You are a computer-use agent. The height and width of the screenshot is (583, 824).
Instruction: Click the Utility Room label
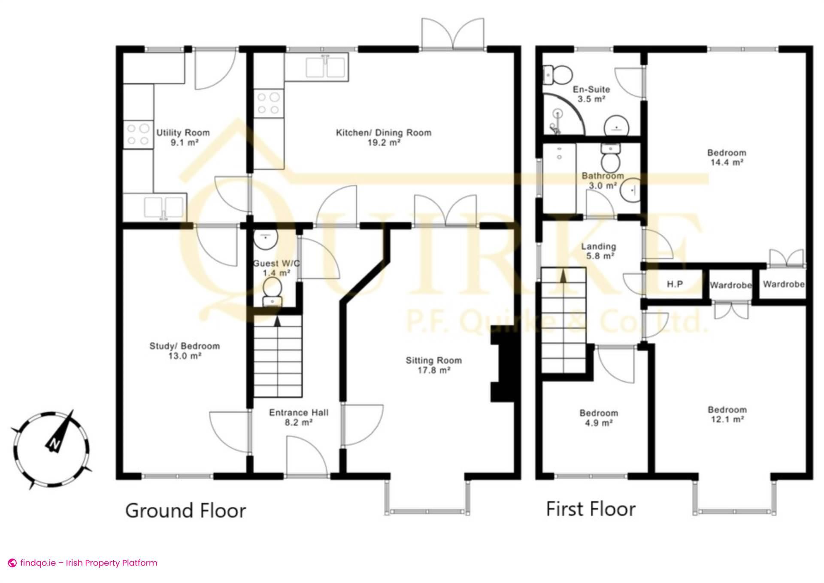[x=183, y=133]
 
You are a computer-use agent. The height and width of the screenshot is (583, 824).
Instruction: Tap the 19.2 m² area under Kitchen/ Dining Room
[x=384, y=143]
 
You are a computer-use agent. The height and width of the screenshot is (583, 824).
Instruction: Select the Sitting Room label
[x=433, y=361]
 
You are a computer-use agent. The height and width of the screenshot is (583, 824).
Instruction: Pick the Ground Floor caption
[x=185, y=511]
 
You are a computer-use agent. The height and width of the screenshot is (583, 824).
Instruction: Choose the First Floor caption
[x=591, y=509]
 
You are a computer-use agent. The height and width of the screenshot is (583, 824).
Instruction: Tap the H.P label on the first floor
[x=675, y=284]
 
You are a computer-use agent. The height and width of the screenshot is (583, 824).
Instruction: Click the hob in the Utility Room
[x=138, y=134]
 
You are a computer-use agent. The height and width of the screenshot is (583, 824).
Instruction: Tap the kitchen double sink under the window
[x=326, y=67]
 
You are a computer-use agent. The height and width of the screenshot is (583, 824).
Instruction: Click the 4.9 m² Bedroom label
[x=598, y=418]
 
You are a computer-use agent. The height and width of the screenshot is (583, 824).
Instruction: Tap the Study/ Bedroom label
[x=184, y=346]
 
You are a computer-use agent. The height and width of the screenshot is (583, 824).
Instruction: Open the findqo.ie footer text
[x=88, y=562]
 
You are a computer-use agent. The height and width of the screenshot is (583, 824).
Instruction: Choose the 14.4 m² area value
[x=726, y=163]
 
